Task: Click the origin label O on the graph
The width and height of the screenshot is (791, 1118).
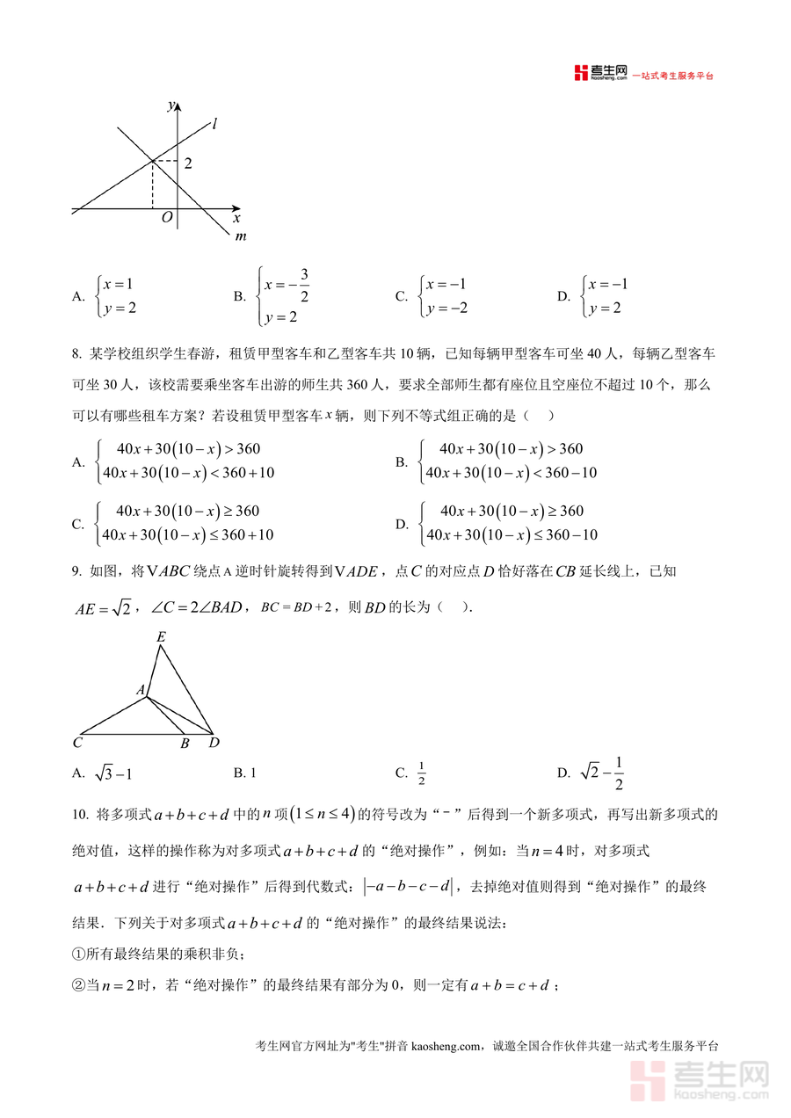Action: pos(167,219)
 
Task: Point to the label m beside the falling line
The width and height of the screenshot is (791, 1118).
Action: pos(241,236)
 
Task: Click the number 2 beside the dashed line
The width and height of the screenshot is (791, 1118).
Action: pos(187,163)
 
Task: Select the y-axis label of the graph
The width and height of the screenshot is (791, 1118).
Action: pos(170,105)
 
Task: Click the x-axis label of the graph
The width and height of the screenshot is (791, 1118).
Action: pos(236,217)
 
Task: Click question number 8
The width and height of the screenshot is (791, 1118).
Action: pos(76,354)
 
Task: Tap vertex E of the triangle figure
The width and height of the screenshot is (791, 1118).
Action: pos(161,636)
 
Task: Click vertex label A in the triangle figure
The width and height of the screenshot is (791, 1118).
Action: pos(140,691)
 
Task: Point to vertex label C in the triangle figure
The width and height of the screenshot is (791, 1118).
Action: pos(77,744)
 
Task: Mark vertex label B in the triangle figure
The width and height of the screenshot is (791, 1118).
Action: pos(185,744)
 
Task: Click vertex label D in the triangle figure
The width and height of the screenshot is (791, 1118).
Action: pos(214,744)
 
